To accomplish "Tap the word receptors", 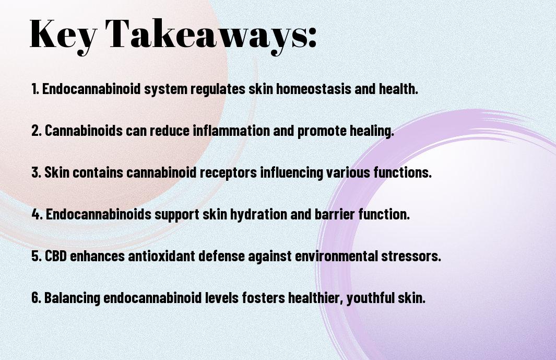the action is [x=228, y=173].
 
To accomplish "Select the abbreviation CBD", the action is [x=56, y=256].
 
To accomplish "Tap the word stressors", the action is [x=411, y=256].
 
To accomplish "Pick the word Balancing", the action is [x=72, y=298].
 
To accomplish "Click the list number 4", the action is [x=37, y=214].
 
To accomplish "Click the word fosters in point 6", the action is [x=263, y=298].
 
